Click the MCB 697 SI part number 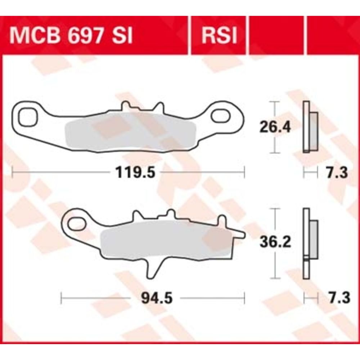click(71, 36)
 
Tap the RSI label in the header click(219, 36)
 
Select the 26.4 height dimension click(275, 127)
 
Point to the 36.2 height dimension click(275, 242)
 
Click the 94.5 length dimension click(157, 298)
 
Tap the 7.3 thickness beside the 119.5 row click(337, 173)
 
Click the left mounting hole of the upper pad click(28, 117)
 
